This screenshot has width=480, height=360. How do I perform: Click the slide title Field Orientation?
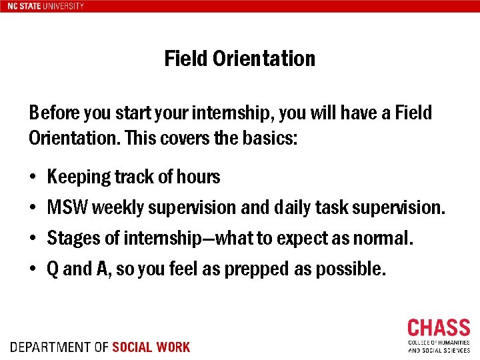click(239, 59)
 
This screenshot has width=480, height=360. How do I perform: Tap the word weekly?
click(118, 208)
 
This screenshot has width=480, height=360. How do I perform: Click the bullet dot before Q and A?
click(33, 270)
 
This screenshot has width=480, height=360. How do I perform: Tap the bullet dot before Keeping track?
click(33, 178)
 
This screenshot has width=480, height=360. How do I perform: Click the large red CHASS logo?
click(439, 329)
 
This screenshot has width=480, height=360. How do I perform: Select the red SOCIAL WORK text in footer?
click(151, 347)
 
